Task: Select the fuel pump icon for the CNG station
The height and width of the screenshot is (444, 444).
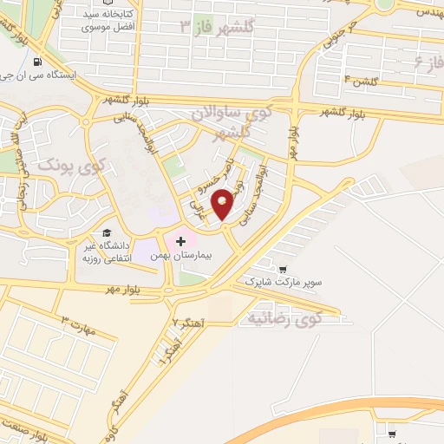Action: [x=36, y=62]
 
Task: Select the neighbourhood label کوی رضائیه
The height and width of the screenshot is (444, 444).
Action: [x=284, y=317]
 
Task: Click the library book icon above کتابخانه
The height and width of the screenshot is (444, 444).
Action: [x=109, y=3]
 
